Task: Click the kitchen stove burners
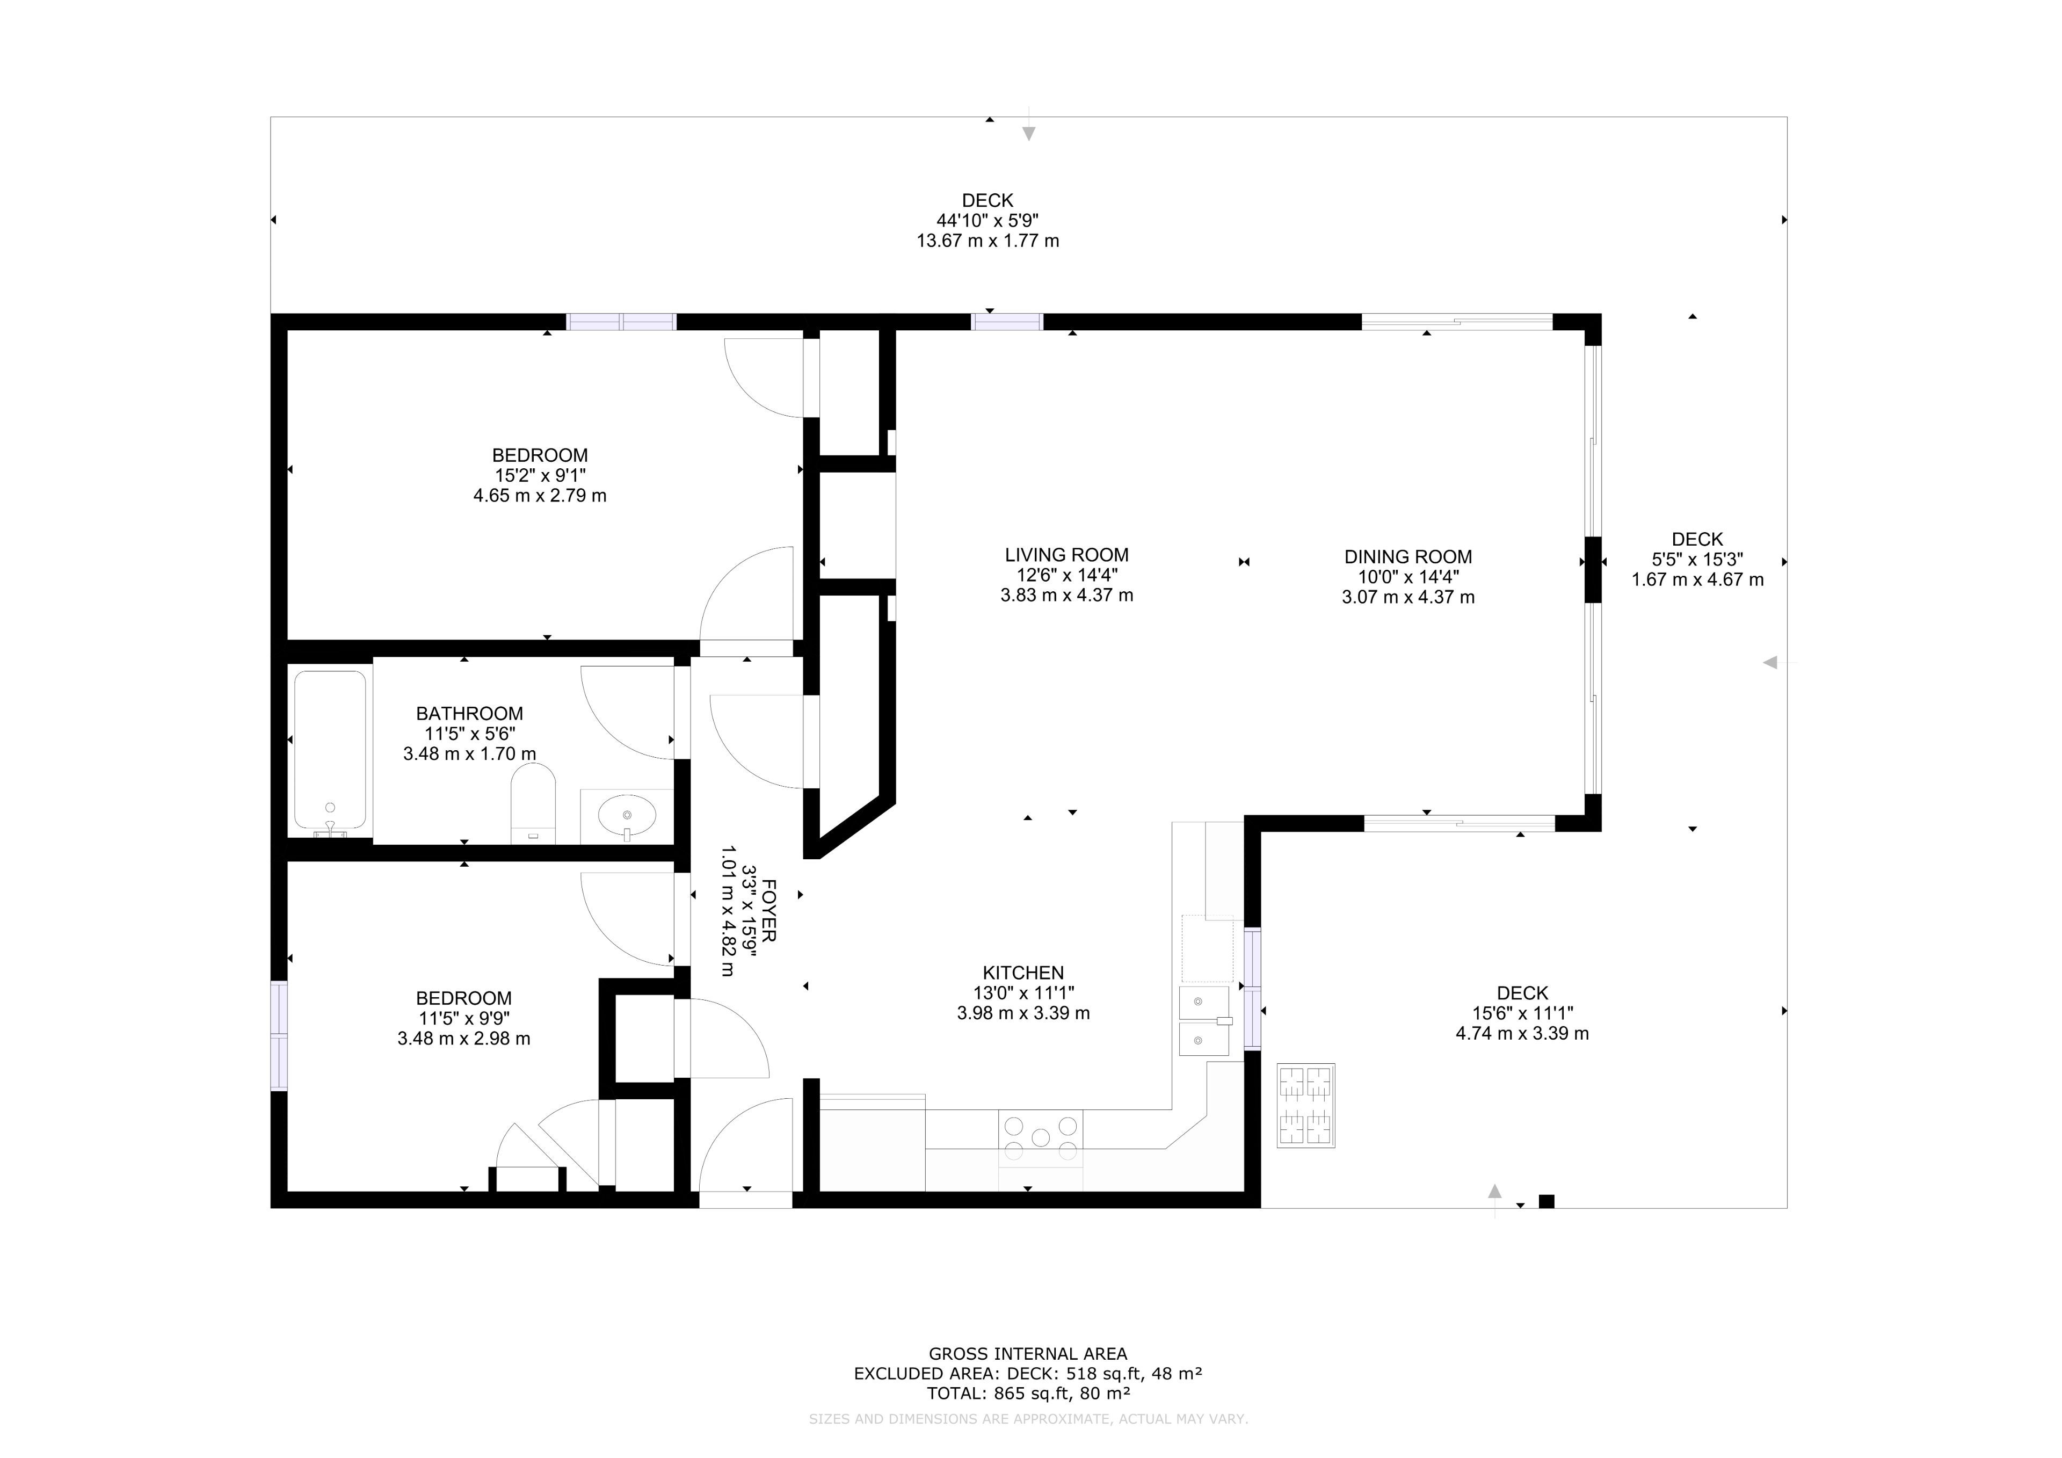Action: click(x=1041, y=1137)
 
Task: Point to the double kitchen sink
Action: click(x=1204, y=1020)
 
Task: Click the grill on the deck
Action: click(x=1306, y=1105)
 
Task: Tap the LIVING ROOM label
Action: click(x=1067, y=555)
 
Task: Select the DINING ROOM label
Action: click(x=1408, y=557)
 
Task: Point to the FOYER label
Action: click(x=769, y=911)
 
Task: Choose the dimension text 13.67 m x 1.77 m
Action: click(x=988, y=241)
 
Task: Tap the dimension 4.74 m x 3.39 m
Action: click(x=1522, y=1033)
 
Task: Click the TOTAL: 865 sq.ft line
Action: click(x=1028, y=1394)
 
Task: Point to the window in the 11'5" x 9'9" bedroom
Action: click(x=279, y=1036)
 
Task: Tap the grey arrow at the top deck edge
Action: click(x=1029, y=133)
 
